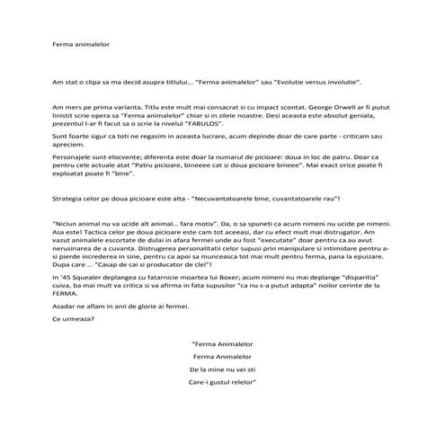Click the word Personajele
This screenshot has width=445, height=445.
click(x=72, y=156)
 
